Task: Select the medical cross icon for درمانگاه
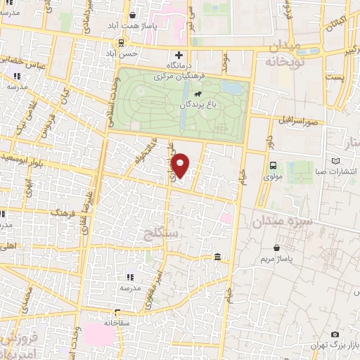click(x=179, y=55)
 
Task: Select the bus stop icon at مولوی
click(x=272, y=165)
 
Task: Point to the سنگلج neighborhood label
click(x=160, y=232)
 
